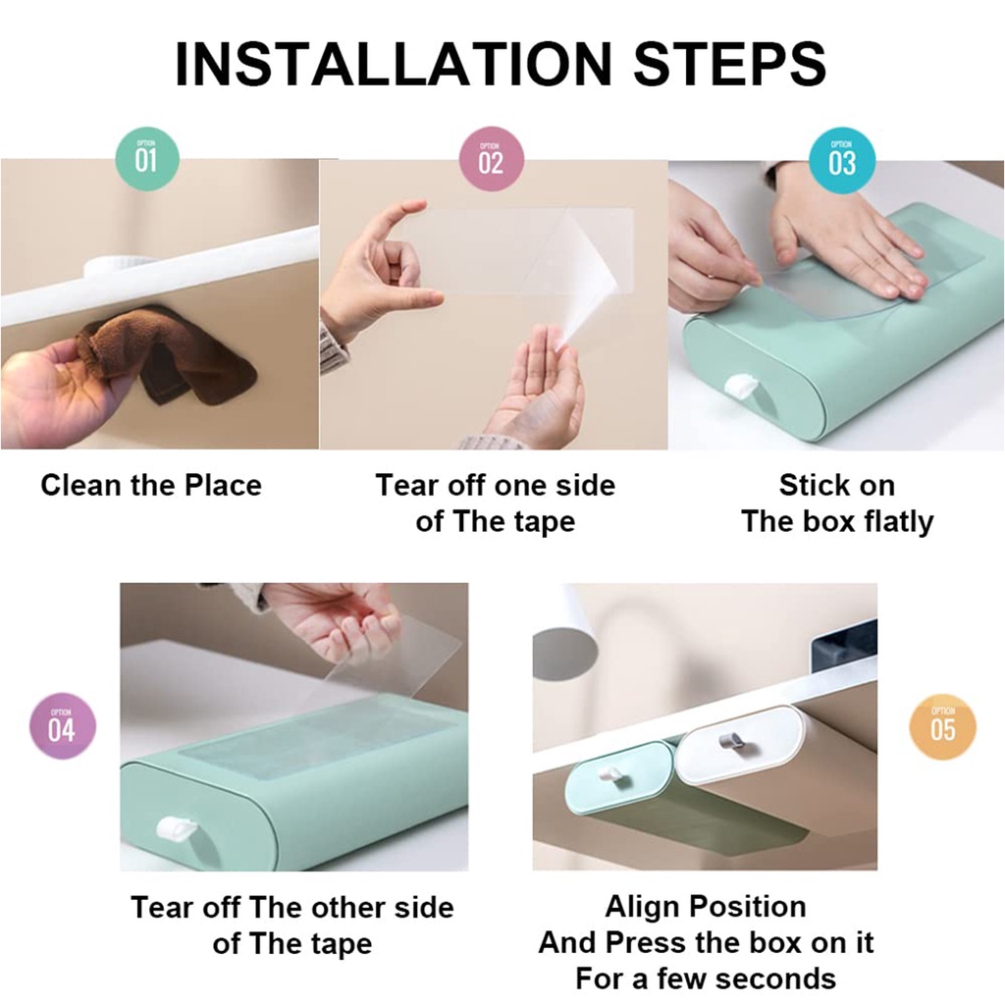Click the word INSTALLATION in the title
click(x=394, y=64)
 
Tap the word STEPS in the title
click(x=730, y=64)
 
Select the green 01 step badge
click(x=147, y=158)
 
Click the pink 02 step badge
click(x=492, y=159)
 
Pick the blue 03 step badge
click(x=842, y=160)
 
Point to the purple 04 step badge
click(x=62, y=726)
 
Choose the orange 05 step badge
click(x=942, y=727)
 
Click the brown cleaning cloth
click(x=170, y=350)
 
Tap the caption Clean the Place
click(x=151, y=485)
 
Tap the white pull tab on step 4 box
click(x=177, y=828)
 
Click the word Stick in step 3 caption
click(x=805, y=485)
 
